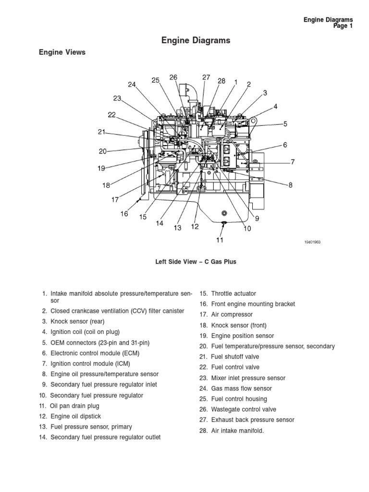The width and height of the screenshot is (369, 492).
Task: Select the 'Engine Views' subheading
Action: point(62,52)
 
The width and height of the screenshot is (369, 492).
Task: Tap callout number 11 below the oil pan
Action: point(220,240)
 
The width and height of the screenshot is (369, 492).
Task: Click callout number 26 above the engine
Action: point(173,77)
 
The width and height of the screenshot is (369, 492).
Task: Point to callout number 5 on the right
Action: point(285,124)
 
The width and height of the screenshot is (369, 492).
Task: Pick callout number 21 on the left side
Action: point(101,132)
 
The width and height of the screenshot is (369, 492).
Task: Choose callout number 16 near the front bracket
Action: point(124,214)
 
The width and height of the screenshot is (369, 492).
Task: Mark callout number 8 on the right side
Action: point(290,185)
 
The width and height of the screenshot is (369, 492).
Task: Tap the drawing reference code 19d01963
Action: point(312,243)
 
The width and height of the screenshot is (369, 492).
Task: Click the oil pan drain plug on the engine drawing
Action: point(222,222)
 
